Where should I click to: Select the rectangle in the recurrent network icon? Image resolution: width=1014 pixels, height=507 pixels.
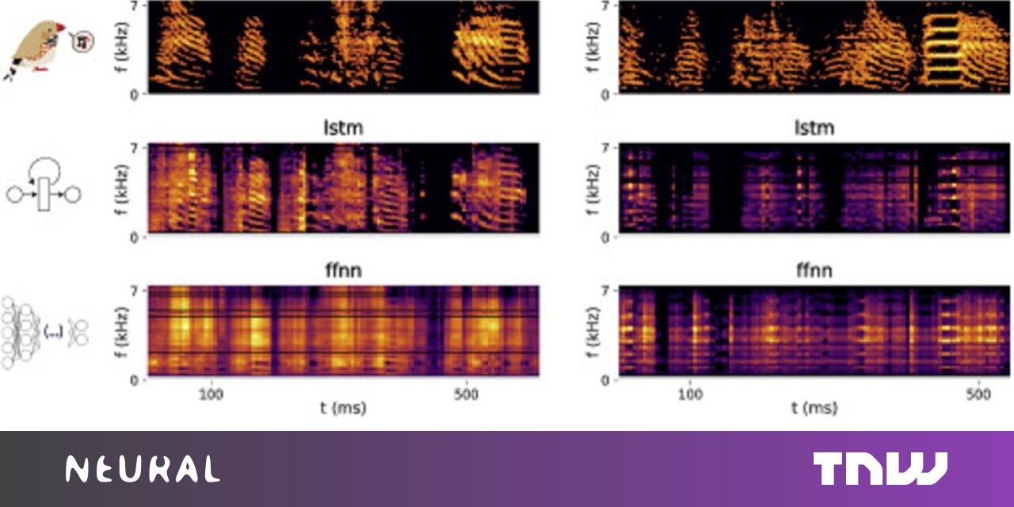(44, 193)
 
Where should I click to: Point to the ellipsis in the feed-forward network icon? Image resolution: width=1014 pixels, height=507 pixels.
(54, 333)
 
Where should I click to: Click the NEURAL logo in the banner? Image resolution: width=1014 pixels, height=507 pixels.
(143, 469)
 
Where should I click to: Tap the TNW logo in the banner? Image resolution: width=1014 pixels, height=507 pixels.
(879, 468)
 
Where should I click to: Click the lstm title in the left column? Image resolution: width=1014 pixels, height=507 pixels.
(344, 128)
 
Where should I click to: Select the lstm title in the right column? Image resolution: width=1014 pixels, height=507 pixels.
(814, 128)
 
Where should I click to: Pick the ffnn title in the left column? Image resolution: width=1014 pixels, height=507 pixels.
(344, 272)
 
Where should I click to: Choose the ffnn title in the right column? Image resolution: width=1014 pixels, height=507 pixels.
(814, 272)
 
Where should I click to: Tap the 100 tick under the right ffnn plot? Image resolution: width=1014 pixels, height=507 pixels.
(692, 394)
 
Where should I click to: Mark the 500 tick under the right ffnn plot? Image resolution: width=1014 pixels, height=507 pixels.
(979, 394)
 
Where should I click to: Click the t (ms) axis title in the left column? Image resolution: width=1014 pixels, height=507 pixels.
(344, 409)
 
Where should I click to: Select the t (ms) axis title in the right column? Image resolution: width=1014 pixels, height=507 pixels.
(814, 409)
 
